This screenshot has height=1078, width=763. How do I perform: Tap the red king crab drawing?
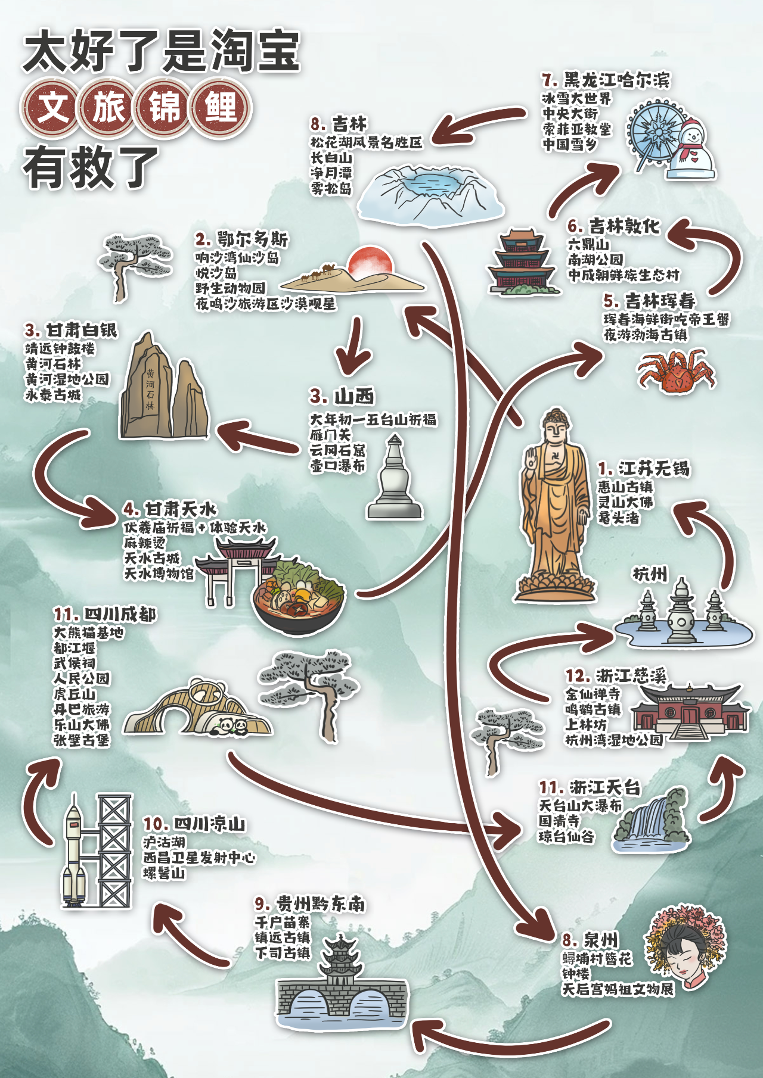click(x=676, y=370)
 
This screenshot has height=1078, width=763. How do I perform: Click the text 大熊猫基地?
click(x=89, y=633)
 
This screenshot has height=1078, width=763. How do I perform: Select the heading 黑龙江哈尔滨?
click(x=606, y=80)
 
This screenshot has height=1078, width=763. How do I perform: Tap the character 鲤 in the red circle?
click(x=221, y=108)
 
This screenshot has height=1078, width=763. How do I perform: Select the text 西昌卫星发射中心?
click(x=199, y=858)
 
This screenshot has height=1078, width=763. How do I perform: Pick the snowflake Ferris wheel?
click(x=656, y=135)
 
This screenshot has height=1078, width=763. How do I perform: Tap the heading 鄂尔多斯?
click(x=241, y=239)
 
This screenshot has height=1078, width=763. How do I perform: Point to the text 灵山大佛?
click(x=625, y=502)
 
